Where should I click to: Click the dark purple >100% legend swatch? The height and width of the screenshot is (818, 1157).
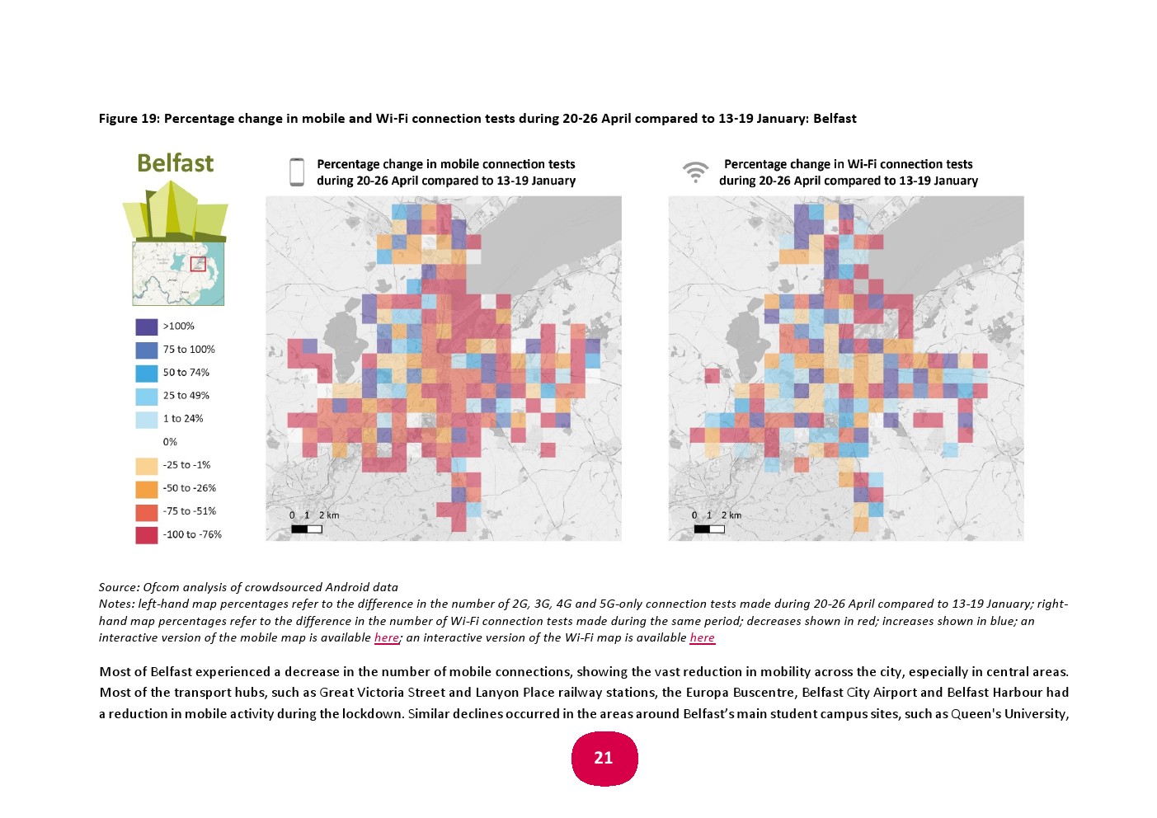click(146, 327)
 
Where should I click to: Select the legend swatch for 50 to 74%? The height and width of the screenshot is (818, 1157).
click(146, 373)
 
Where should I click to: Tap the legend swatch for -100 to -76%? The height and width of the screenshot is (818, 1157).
click(146, 534)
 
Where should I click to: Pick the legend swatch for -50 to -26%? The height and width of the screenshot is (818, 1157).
click(146, 488)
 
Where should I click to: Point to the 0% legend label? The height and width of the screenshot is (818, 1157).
click(170, 442)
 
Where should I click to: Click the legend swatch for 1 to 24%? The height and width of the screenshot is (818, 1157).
click(146, 419)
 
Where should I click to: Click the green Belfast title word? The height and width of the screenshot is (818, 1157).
click(175, 163)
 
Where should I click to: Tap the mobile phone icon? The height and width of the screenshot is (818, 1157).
click(297, 172)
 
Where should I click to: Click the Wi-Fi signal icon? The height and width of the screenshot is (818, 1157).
click(695, 172)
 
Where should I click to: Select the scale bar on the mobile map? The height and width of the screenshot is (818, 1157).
click(306, 529)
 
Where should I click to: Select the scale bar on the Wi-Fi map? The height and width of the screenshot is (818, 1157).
click(708, 529)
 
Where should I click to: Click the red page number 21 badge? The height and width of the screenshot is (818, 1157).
click(604, 758)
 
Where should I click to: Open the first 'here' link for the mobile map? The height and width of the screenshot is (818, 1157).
click(386, 637)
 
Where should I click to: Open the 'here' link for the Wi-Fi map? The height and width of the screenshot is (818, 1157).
click(702, 637)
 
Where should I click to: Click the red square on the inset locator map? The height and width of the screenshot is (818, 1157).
click(198, 264)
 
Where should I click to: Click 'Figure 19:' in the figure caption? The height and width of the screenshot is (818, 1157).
click(129, 119)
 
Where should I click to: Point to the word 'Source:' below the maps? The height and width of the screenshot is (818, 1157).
click(119, 587)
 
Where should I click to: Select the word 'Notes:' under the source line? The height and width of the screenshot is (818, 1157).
click(116, 604)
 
